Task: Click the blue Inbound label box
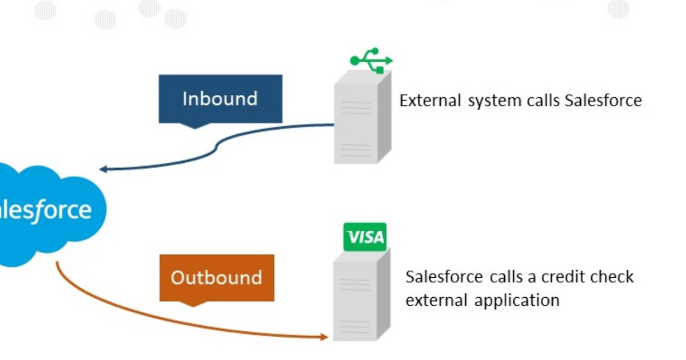[220, 98]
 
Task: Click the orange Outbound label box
[217, 278]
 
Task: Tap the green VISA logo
[365, 237]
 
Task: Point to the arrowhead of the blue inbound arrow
[103, 169]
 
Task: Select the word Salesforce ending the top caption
[603, 101]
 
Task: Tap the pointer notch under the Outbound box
[194, 304]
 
